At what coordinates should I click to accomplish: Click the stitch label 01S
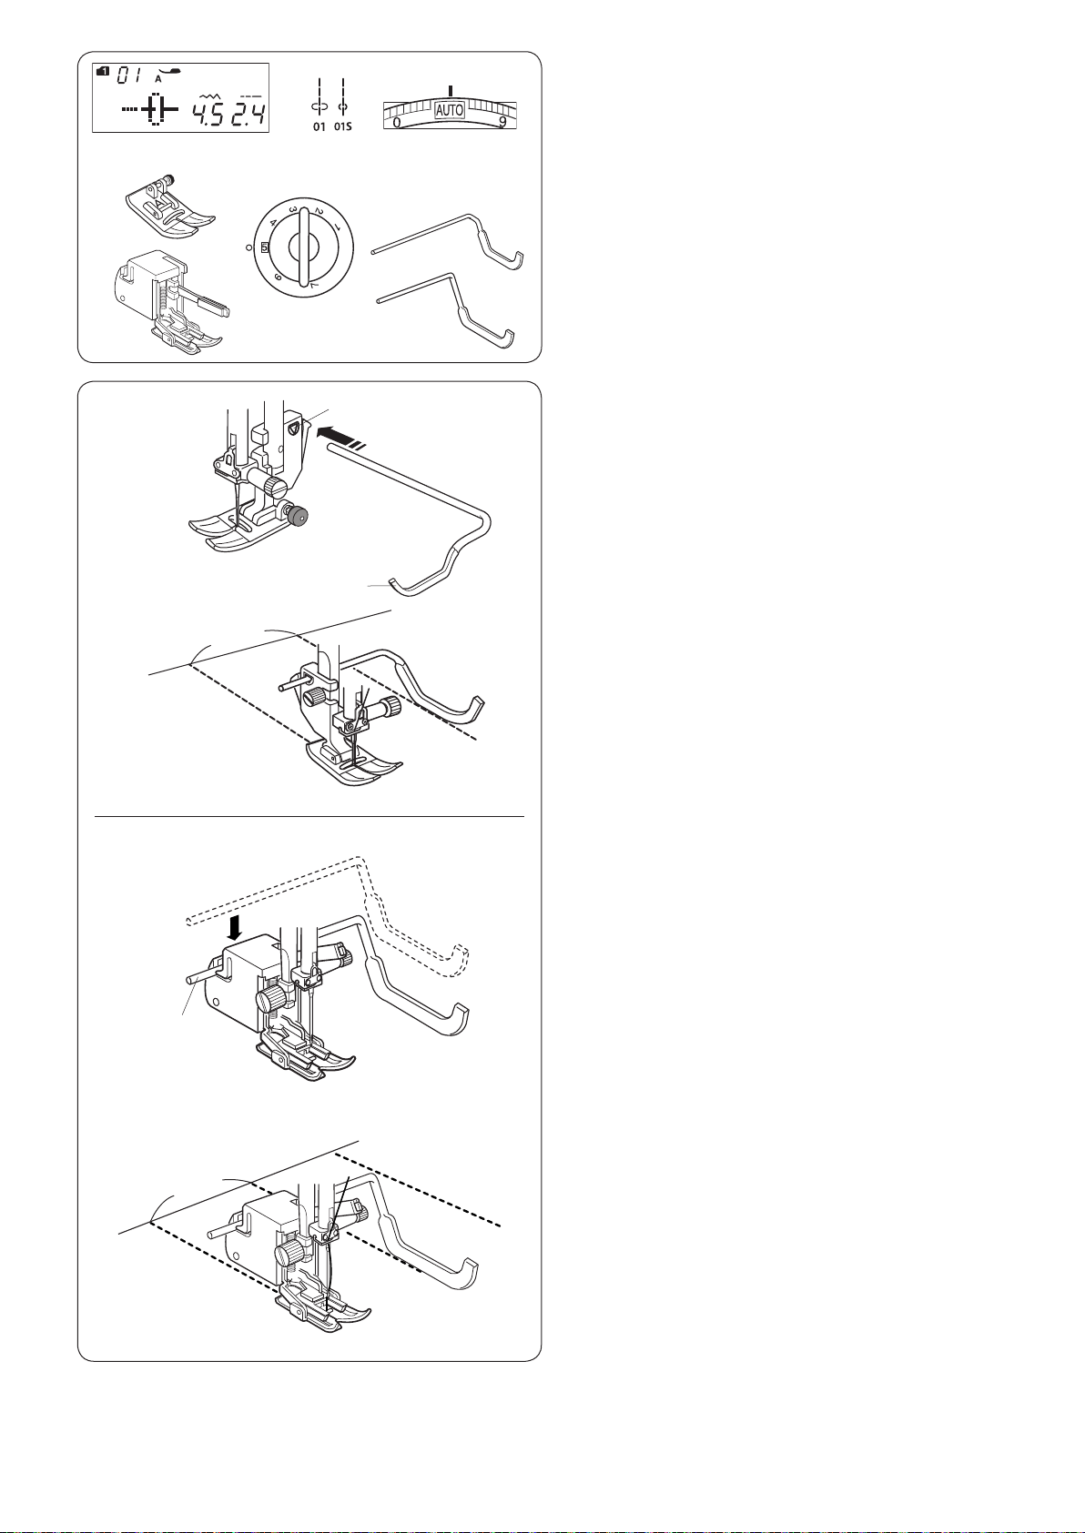pos(343,126)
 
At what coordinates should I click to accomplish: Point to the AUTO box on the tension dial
pos(450,109)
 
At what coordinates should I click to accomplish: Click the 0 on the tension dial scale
pos(397,123)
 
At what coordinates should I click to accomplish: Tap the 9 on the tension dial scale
pos(503,123)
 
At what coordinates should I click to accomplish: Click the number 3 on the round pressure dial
pos(293,209)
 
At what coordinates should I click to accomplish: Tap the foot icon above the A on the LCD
pos(169,70)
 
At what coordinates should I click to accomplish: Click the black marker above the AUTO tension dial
pos(451,90)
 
